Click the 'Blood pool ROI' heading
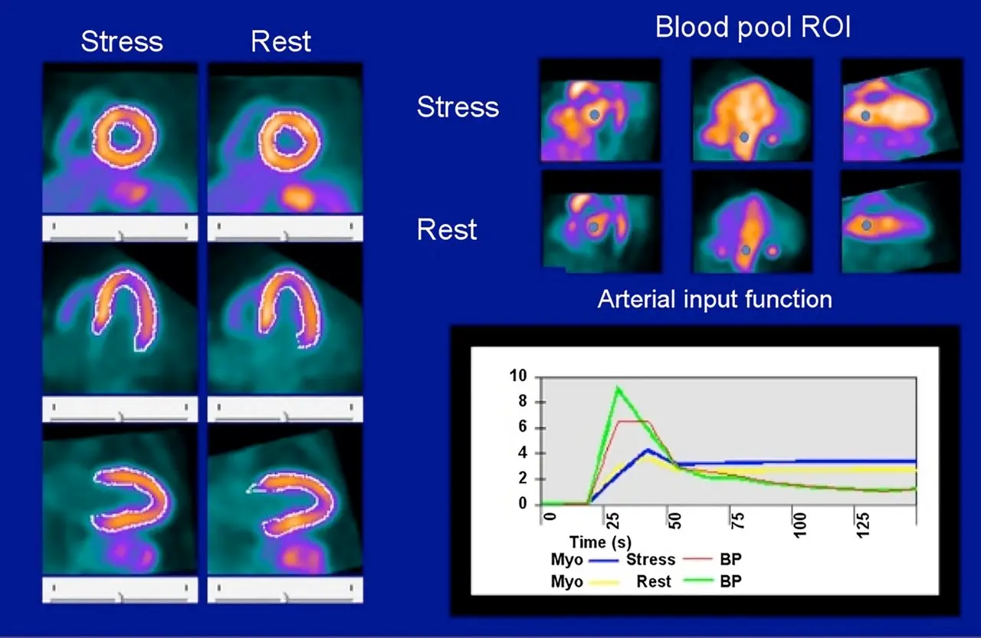pos(753,28)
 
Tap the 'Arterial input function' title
pos(714,298)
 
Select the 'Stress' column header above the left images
pos(122,41)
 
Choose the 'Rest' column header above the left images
pos(281,41)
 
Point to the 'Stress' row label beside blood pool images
pos(458,107)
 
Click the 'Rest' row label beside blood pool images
pos(447,229)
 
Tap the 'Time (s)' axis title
pos(599,543)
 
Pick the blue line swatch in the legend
pos(604,560)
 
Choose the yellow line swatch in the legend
pos(604,582)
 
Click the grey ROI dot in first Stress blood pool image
pos(594,115)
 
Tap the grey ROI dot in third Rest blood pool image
pos(866,225)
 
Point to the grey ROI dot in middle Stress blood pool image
pos(743,137)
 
